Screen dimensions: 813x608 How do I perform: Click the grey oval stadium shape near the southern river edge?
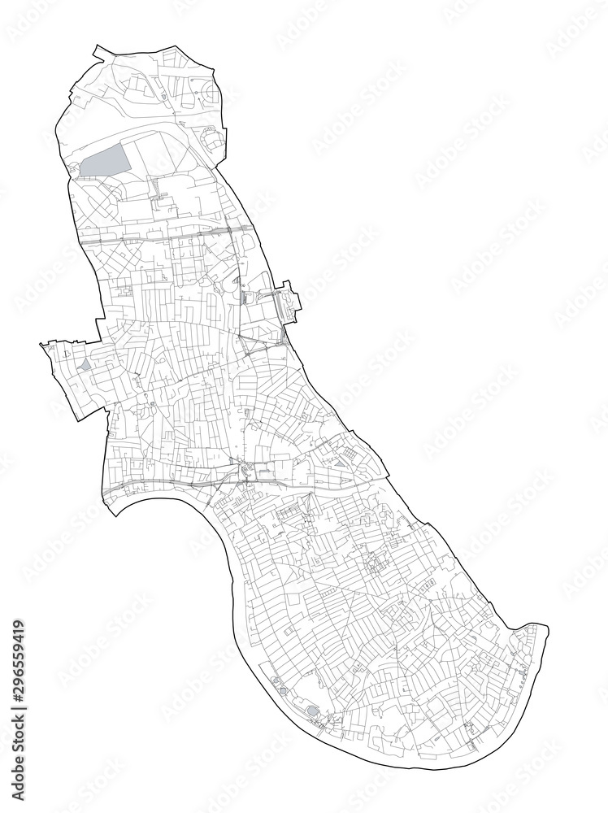tap(312, 712)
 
